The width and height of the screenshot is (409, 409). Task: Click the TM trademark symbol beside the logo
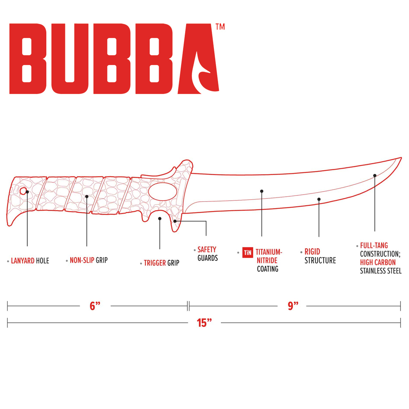coord(220,27)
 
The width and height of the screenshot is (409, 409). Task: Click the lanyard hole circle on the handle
coord(23,191)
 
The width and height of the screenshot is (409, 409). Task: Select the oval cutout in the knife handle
coord(162,191)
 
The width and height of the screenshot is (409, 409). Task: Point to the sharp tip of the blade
coord(401,158)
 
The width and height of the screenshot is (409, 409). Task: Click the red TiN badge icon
coord(247,252)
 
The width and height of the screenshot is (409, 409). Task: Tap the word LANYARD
coord(22,261)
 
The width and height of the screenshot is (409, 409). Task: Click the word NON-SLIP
coord(82,260)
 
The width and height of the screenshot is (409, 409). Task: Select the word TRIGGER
coord(155,263)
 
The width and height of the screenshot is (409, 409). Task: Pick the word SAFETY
coord(207,249)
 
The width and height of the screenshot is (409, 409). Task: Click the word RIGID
coord(312,252)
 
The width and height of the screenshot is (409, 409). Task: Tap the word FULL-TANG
coord(374,245)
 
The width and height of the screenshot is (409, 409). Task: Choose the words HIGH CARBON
coord(378,263)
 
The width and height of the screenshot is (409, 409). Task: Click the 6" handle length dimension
coord(95,306)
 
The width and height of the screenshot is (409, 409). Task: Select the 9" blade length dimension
coord(293,306)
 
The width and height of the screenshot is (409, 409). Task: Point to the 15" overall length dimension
coord(204,323)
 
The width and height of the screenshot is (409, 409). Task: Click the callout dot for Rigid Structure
coord(319,199)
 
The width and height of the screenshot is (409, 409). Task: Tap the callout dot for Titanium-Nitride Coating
coord(262,191)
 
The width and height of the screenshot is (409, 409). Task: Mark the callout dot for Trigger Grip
coord(160,218)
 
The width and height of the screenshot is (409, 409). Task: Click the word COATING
coord(267,269)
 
